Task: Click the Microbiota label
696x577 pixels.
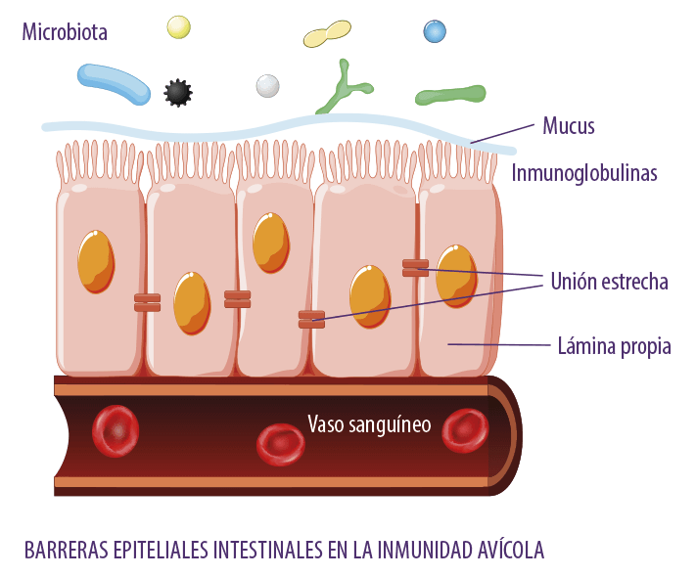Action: coord(65,32)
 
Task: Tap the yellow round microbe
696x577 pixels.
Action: coord(178,27)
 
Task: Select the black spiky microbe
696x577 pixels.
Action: coord(178,93)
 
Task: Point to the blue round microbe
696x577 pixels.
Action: coord(435,31)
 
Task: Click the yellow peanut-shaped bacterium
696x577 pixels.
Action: coord(327,33)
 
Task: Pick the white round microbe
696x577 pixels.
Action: coord(267,86)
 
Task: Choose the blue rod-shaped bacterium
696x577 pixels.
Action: coord(115,84)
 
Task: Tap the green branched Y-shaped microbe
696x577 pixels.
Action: coord(344,88)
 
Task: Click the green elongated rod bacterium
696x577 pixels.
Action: coord(450,95)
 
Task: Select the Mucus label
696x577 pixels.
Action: coord(568,126)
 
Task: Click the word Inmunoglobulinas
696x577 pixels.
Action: coord(584,172)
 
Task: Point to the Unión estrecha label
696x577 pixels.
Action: coord(610,282)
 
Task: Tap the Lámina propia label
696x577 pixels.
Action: coord(615,346)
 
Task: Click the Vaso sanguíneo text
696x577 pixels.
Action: coord(369,424)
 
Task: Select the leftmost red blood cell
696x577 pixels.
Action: coord(116,430)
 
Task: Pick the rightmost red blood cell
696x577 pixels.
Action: coord(465,430)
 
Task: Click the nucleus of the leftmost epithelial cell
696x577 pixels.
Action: coord(96,261)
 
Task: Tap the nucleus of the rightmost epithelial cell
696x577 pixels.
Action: coord(456,276)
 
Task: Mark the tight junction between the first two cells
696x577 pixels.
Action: coord(148,302)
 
